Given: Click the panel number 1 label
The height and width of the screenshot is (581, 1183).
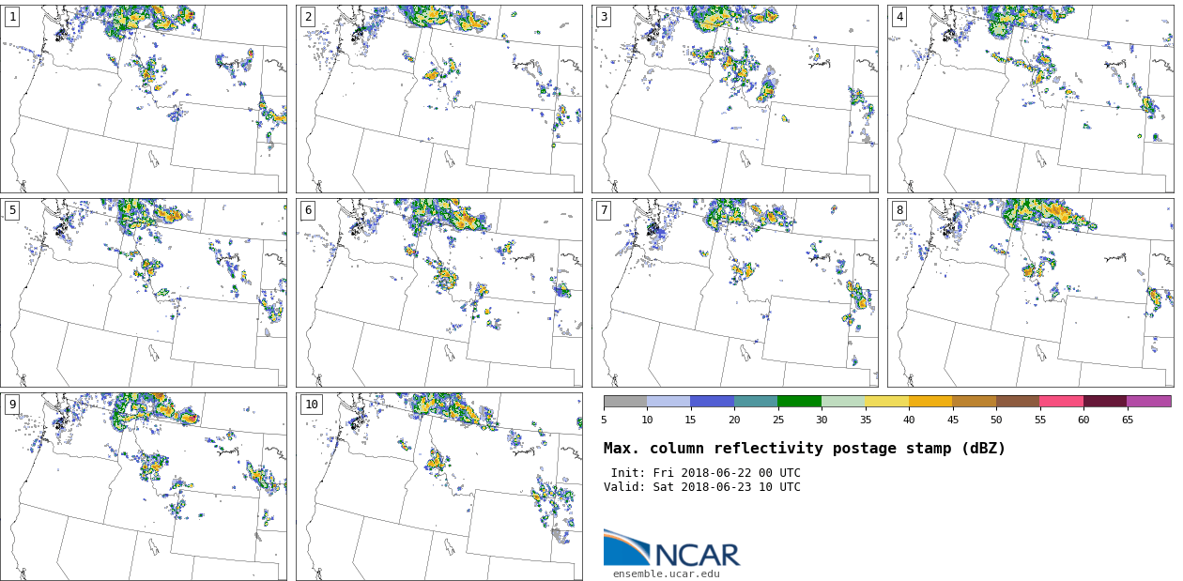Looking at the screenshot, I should coord(12,17).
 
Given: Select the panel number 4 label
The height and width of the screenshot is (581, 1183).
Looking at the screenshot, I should coord(899,17).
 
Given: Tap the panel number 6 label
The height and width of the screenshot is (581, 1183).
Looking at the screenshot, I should coord(308,210).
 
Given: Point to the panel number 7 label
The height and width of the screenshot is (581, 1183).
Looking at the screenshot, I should coord(604,210).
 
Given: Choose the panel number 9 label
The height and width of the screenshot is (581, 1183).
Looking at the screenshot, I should coord(12,405).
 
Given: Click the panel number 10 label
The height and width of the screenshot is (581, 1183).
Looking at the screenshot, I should coord(311,405).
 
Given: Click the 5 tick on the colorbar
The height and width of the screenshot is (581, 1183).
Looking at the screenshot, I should coord(604,420).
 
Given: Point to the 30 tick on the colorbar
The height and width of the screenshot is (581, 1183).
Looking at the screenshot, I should coord(822,420).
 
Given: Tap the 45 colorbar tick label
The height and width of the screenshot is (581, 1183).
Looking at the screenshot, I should coord(952,420).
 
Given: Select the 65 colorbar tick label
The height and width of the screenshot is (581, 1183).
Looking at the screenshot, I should coord(1127,420).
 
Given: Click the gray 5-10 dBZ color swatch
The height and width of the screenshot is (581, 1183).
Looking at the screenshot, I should coord(625,401).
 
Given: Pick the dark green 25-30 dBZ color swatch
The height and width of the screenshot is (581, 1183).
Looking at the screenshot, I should coord(799,401).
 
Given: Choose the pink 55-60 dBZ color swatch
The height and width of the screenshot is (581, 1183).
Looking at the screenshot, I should coord(1061,401).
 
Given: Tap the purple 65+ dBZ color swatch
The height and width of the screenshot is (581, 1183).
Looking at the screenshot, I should coord(1148,401).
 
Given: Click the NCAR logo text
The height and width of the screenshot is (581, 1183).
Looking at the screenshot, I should coord(697,556).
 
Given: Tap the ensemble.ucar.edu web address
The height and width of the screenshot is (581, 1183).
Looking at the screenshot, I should coord(666,573).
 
